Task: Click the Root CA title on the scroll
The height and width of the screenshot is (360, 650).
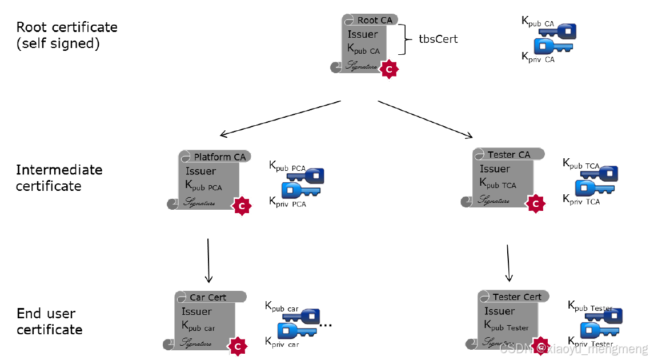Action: click(x=375, y=20)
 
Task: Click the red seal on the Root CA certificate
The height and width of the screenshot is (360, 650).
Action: click(x=389, y=69)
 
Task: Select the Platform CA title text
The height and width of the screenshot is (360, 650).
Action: click(x=219, y=157)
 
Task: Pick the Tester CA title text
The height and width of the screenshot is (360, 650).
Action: click(x=508, y=154)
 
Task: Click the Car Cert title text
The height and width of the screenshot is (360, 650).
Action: click(x=208, y=297)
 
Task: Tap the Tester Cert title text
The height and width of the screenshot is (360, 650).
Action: click(x=517, y=297)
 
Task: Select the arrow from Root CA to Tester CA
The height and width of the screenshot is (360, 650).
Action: click(x=426, y=119)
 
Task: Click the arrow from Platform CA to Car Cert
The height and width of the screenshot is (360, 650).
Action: click(x=208, y=260)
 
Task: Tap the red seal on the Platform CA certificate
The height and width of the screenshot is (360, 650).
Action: click(x=242, y=205)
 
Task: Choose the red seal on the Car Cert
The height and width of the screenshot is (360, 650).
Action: click(x=238, y=346)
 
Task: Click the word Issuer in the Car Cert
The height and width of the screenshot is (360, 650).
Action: click(x=196, y=311)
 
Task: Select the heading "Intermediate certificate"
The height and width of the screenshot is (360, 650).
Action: click(x=58, y=178)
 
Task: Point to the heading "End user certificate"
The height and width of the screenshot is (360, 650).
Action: click(x=49, y=321)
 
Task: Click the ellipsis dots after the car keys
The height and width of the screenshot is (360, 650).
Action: click(x=326, y=325)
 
